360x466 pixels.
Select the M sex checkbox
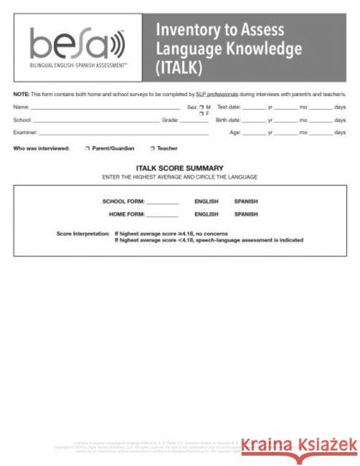tap(201, 107)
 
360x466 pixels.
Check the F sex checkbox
tap(201, 114)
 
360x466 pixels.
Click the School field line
tap(95, 121)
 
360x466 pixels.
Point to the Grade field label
tap(170, 119)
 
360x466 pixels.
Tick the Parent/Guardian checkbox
tap(87, 148)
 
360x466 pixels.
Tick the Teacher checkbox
tap(152, 148)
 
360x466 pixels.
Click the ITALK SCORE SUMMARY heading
tap(179, 168)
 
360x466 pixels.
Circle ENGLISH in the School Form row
tap(206, 201)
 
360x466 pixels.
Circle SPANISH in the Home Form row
tap(246, 215)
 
